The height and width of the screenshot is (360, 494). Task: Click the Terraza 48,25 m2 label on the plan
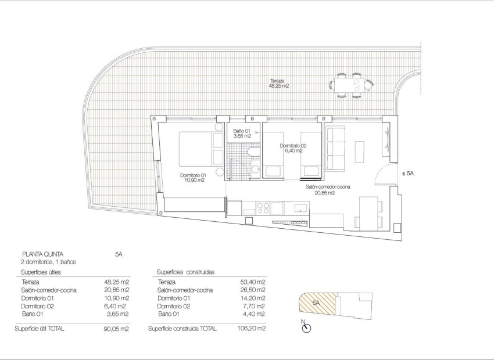coord(279,83)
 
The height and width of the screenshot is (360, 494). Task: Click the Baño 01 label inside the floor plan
coord(241,134)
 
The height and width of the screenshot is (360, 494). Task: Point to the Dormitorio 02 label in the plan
coord(292,148)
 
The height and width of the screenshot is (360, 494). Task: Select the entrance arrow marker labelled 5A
coord(409,173)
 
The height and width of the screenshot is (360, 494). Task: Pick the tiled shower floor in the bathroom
coord(237,160)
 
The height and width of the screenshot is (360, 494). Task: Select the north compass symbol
coord(306,327)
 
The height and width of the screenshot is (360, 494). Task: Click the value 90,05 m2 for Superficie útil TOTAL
coord(117,329)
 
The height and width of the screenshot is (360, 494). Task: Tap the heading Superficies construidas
coord(185,272)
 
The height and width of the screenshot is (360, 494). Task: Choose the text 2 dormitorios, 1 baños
coord(48,262)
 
